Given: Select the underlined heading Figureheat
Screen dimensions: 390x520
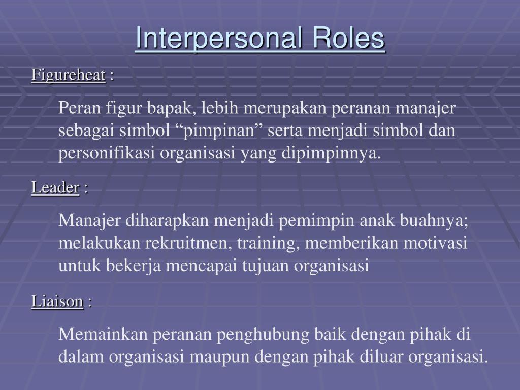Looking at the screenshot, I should coord(68,75).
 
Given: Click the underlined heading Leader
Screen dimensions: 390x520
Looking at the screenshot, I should coord(55,188).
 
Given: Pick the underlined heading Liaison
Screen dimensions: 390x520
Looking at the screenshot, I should coord(57,301).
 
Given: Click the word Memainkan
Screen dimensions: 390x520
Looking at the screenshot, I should coord(102,334).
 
